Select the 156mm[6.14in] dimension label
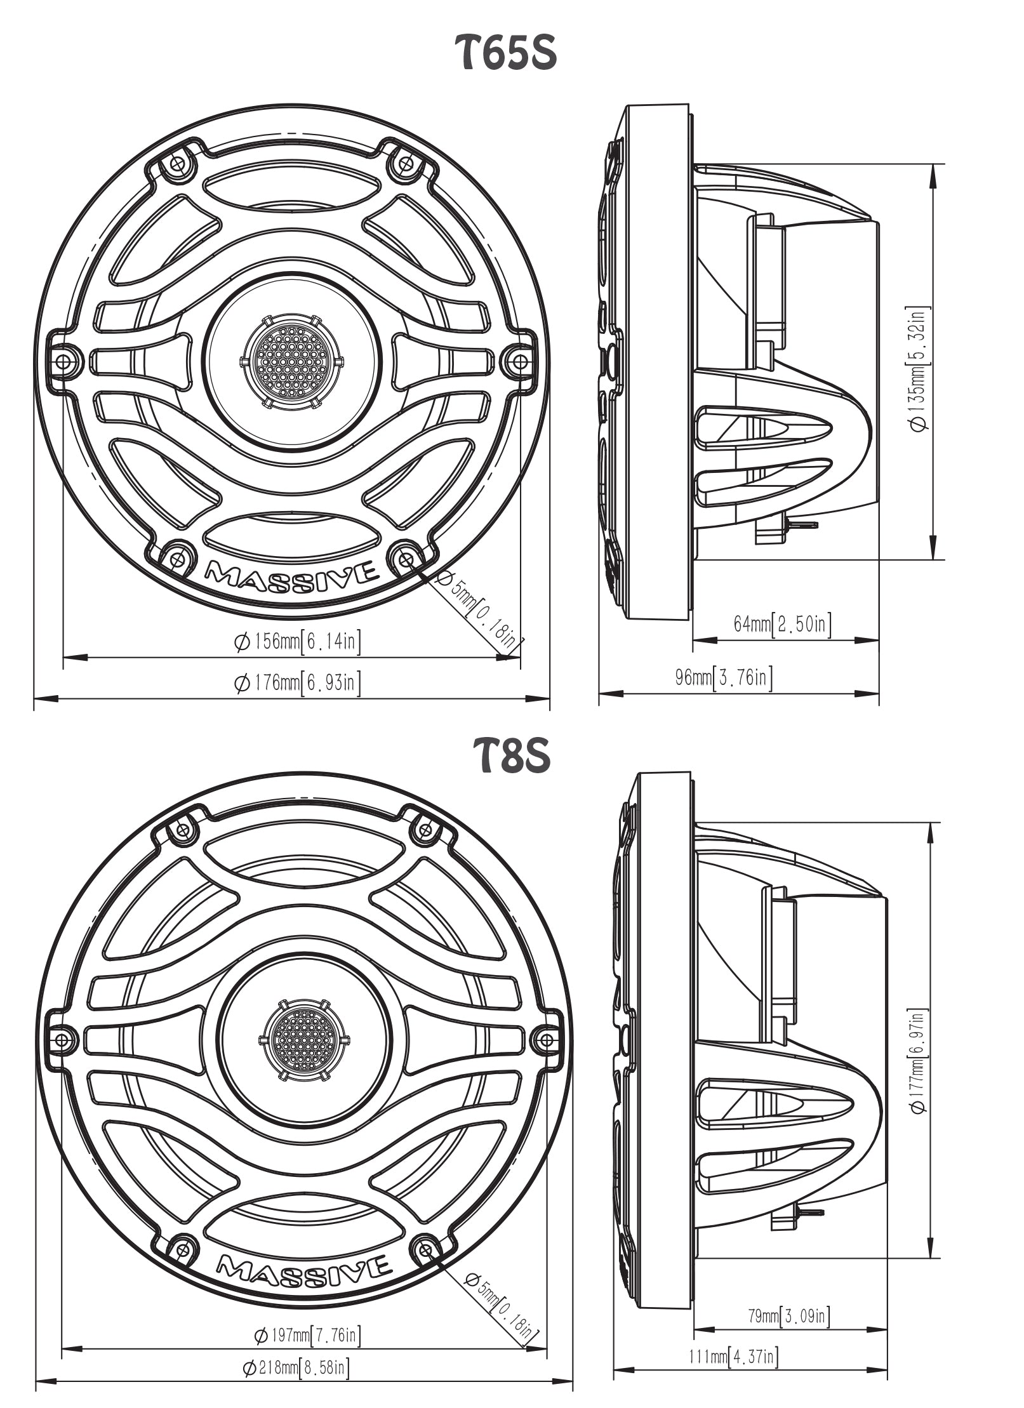pos(298,642)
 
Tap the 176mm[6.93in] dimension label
pos(298,683)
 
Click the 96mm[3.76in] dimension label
pos(724,678)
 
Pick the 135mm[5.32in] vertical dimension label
pos(920,369)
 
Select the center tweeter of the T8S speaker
pos(304,1040)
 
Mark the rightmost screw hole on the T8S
pos(545,1040)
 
